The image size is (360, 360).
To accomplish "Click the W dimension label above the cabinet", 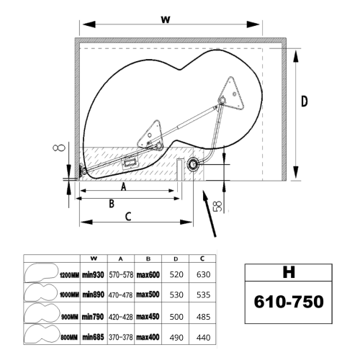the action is pos(166,19).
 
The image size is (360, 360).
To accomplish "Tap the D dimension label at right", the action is pos(305,101).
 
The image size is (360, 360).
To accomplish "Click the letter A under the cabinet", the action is pos(123,186).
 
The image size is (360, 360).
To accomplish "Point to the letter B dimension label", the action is pos(112,204).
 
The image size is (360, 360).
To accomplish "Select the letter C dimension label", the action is pos(128,217).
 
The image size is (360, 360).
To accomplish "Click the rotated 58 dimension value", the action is pos(217,206).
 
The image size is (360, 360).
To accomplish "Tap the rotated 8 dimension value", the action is pos(59,148).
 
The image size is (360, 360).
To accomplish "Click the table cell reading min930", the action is pos(93,274).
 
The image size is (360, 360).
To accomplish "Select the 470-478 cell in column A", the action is pos(120,294).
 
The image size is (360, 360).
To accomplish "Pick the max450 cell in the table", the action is pos(148,317).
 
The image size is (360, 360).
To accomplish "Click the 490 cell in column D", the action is pos(176,338).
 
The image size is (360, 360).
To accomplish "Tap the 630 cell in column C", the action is pos(203,274).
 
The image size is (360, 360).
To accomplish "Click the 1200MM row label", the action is pos(69,275).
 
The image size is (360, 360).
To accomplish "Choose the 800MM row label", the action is pos(69,338).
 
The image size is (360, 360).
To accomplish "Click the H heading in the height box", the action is pos(289,272).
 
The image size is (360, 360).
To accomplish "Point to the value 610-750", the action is pos(289,302).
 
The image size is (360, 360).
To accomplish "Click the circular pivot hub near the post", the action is pos(193,164).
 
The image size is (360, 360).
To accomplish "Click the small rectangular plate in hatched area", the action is pos(130,163).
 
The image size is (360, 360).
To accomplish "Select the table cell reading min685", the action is pos(93,338).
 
